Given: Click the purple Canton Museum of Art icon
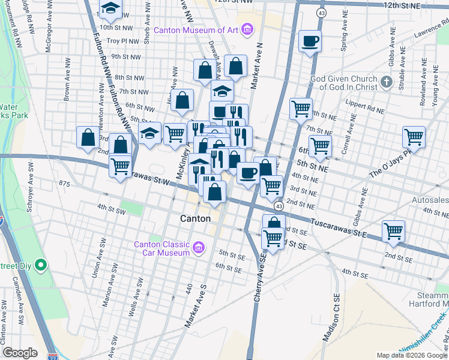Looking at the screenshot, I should coord(246,29).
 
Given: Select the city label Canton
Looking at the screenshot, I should coord(196,219).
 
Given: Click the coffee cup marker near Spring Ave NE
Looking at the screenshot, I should coord(310,41).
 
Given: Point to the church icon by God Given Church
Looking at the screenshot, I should coord(386,82).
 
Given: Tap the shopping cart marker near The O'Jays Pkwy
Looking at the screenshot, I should coord(414,136).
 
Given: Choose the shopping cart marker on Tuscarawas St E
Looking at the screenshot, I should coord(393,231).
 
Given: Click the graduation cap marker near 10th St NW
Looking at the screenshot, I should coord(110,8).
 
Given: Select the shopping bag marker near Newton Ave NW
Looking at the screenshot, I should coord(88,137).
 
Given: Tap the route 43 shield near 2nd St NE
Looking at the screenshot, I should coord(279,206).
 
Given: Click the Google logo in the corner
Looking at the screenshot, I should coord(20,353).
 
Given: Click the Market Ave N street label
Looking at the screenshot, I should coord(257,66).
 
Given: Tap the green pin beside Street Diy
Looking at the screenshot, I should coord(41,265).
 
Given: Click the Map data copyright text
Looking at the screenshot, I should coord(411,355).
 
